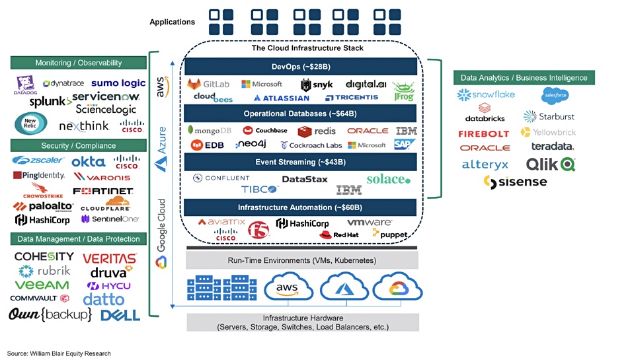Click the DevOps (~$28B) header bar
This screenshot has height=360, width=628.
point(301,67)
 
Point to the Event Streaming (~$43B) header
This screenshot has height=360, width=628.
point(301,162)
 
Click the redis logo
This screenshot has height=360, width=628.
point(317,131)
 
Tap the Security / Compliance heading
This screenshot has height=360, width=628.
point(78,145)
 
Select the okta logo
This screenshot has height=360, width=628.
point(88,161)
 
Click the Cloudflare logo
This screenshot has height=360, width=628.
point(104,204)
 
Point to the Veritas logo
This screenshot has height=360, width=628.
point(110,258)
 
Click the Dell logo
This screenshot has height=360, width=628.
point(120,315)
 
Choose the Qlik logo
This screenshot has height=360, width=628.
point(550,164)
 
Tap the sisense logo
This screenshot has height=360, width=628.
point(515,182)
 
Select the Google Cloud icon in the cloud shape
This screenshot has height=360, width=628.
point(397,289)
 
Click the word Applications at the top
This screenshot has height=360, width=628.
point(173,22)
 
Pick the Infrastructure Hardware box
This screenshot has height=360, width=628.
point(302,322)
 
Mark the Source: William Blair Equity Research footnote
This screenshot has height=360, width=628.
point(59,353)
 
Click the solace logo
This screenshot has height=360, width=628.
point(388,179)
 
